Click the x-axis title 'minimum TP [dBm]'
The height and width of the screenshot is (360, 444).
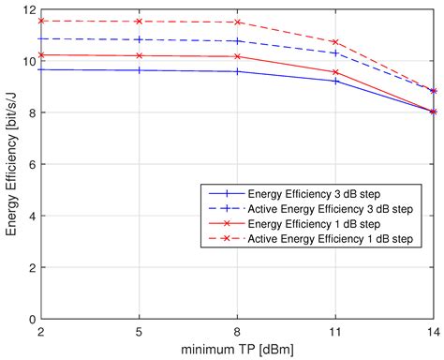click(x=238, y=350)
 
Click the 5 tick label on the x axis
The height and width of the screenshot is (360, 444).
click(x=140, y=332)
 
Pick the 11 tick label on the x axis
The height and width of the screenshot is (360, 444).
click(x=335, y=332)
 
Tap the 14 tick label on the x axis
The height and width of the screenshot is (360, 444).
click(x=432, y=332)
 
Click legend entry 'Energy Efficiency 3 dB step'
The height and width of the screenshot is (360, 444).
click(x=310, y=193)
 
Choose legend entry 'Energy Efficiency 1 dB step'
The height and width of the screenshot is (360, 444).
click(x=310, y=225)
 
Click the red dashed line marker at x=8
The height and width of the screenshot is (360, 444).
click(x=237, y=22)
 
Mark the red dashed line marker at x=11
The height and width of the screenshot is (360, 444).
click(x=335, y=42)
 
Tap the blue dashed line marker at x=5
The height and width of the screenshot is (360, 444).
click(x=140, y=40)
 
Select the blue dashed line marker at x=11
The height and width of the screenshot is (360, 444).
click(x=335, y=52)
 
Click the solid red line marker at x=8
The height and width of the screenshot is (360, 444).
click(x=237, y=56)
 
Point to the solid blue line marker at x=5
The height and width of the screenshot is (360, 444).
click(x=140, y=70)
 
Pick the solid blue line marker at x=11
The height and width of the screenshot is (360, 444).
click(x=335, y=81)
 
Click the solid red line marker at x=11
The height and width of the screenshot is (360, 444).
click(x=335, y=72)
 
